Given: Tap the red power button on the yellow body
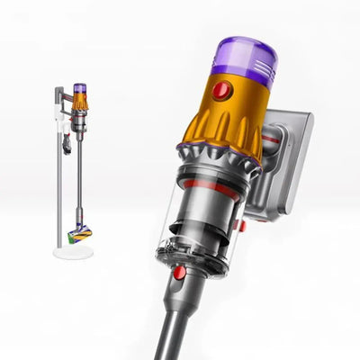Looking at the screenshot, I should pyautogui.click(x=227, y=90).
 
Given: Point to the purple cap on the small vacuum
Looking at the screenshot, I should pyautogui.click(x=80, y=90).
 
